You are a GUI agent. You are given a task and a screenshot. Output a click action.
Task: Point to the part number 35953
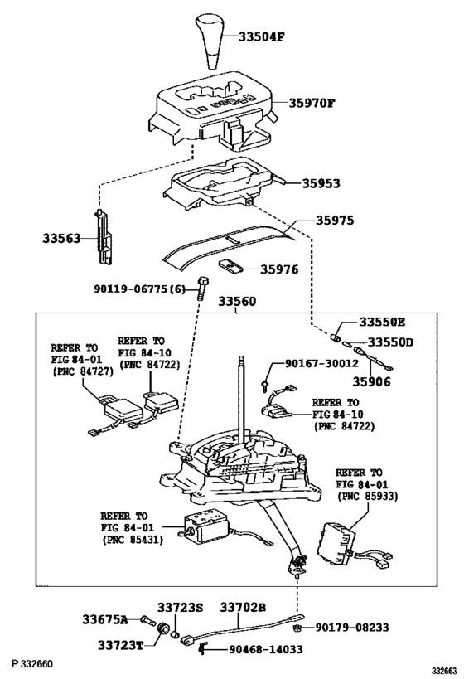(x=320, y=182)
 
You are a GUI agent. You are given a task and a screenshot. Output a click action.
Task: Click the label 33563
(x=62, y=238)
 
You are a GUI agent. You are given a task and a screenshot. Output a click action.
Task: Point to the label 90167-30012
(x=321, y=363)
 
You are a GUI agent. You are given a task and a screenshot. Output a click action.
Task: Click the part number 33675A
(x=105, y=619)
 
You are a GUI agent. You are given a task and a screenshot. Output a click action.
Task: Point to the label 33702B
(x=243, y=608)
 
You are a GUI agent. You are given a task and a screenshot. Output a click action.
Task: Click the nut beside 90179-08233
(x=297, y=628)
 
